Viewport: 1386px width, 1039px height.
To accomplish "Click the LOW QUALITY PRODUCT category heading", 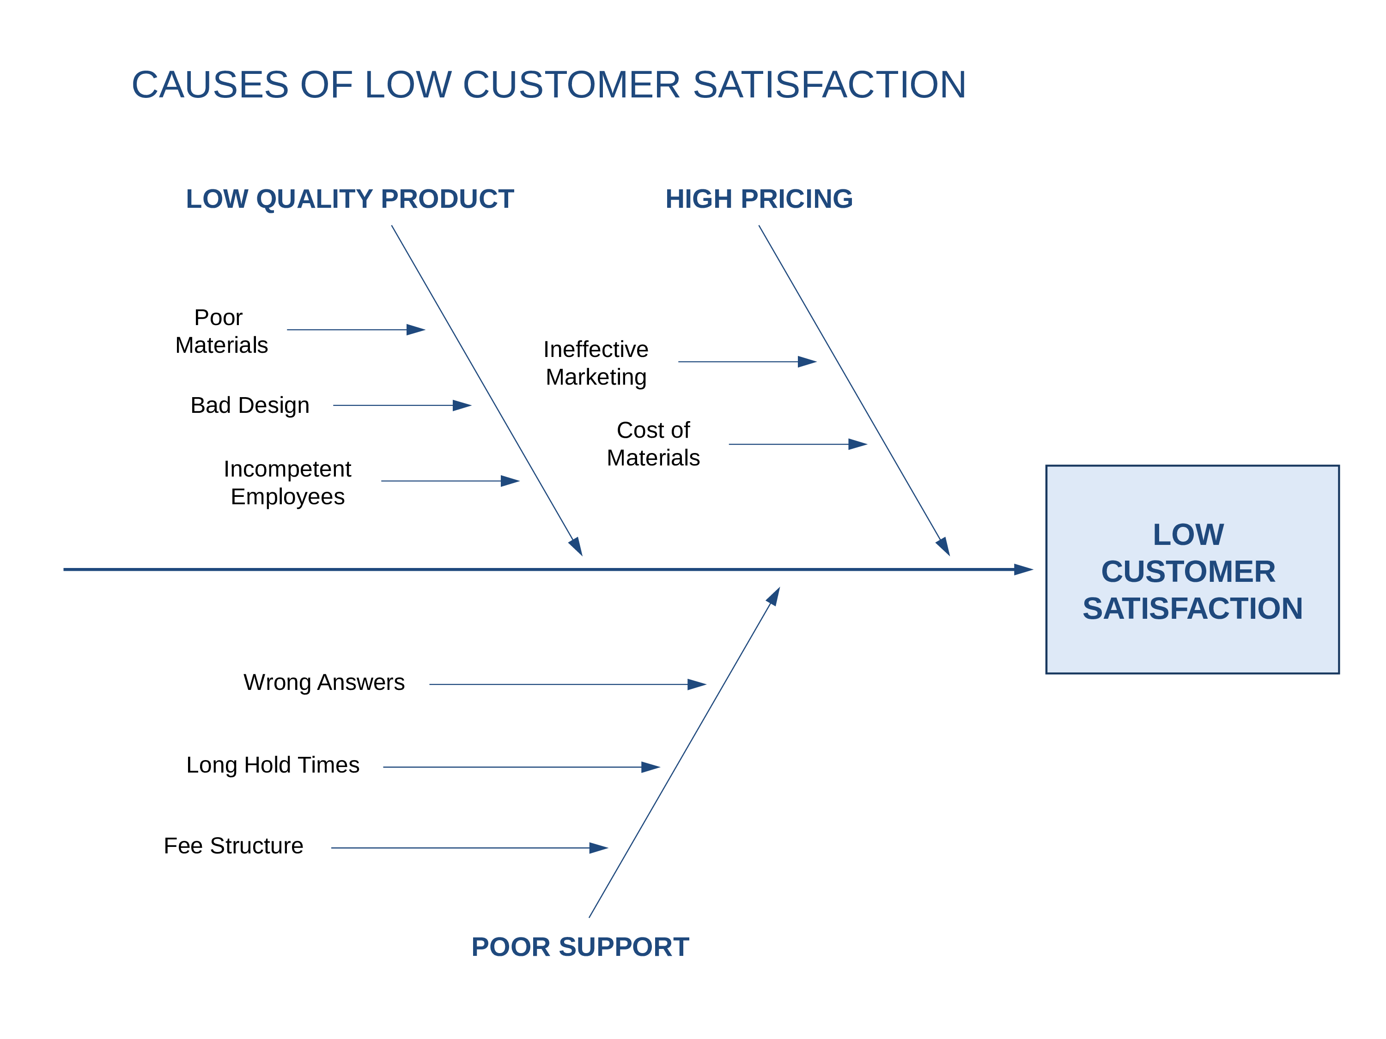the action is (350, 199).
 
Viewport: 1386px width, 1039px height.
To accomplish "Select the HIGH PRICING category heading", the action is (759, 199).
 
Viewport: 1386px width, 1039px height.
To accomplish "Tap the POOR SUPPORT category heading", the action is (580, 947).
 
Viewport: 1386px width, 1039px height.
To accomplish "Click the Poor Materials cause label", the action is (221, 331).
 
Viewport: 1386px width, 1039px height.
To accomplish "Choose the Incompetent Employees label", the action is (288, 482).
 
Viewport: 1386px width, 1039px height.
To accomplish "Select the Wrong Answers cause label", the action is (324, 682).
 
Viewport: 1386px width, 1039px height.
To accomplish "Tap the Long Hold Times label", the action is (273, 765).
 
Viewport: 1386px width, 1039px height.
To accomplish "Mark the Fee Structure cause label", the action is (233, 846).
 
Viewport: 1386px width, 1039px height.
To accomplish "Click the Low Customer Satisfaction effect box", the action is (1192, 570).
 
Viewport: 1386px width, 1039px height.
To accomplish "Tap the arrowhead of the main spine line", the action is (1023, 570).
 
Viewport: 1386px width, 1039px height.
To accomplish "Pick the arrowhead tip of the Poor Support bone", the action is (779, 587).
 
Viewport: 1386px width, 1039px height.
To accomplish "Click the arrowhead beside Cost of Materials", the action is (858, 445).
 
